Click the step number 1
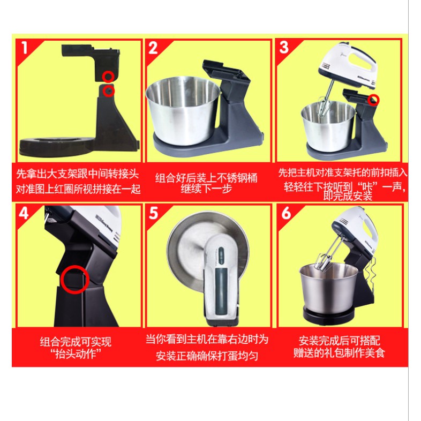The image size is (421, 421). pos(25,48)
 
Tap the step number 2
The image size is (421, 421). pos(153,48)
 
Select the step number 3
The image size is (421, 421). pos(284,47)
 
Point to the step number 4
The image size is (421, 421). pos(24,214)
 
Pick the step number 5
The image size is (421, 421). pos(153,213)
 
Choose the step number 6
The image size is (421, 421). pos(286,213)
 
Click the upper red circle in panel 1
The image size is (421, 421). pos(109,77)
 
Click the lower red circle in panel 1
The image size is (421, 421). pos(109,91)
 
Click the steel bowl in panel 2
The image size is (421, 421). pos(183,111)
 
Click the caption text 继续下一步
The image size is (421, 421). pos(206,189)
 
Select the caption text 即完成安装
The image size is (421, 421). pos(348,196)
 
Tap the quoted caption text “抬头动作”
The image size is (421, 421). pos(76,354)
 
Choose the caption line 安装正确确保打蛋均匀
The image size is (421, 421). pos(207,356)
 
